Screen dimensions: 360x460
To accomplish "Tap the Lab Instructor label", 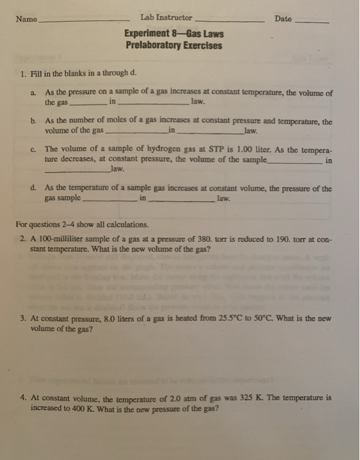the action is [166, 18].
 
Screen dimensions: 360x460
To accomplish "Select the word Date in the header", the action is [283, 19].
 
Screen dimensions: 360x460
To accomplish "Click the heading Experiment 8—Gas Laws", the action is [174, 34].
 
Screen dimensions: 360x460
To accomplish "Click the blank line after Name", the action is [83, 22].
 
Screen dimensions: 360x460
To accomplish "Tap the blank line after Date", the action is [313, 22].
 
